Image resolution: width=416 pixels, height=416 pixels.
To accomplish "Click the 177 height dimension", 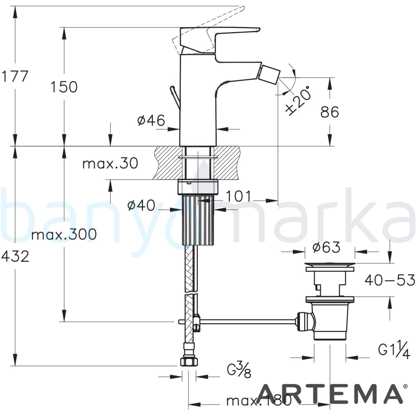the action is click(x=15, y=77).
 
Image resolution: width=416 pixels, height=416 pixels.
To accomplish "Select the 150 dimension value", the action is click(x=64, y=87).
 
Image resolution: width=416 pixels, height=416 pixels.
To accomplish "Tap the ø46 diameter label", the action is click(x=151, y=120).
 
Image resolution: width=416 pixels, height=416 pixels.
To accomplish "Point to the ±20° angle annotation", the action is click(x=297, y=100).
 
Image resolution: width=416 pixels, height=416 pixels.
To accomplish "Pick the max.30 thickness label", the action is click(x=110, y=163).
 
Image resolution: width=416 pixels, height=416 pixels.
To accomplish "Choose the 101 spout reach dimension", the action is click(x=238, y=196).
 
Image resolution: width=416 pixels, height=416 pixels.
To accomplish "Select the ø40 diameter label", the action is click(x=141, y=205).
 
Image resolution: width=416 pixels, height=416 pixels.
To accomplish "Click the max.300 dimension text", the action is click(x=64, y=234).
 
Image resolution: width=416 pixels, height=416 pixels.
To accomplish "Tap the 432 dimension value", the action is click(x=15, y=257).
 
